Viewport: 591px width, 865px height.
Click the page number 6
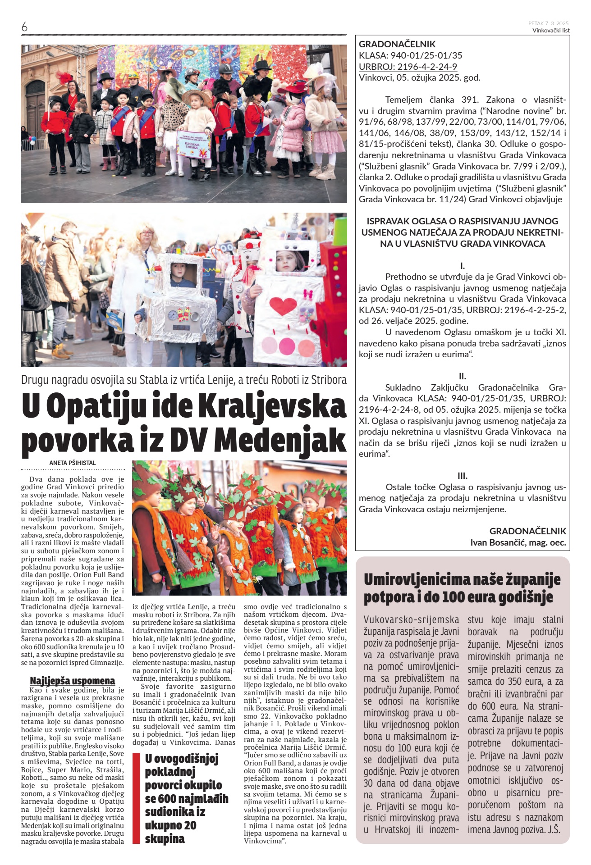(24, 27)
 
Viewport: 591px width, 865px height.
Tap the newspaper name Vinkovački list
(551, 31)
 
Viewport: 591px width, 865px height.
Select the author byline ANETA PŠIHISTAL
(73, 463)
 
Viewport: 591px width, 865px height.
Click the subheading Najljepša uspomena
(72, 680)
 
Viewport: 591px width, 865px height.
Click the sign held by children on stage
(194, 146)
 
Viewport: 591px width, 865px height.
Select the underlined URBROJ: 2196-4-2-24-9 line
(408, 67)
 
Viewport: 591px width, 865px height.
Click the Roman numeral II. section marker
(462, 376)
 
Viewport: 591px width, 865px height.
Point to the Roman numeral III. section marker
(462, 476)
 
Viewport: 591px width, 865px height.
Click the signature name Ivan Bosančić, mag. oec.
(518, 542)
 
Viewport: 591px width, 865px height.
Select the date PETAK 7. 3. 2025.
(549, 23)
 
